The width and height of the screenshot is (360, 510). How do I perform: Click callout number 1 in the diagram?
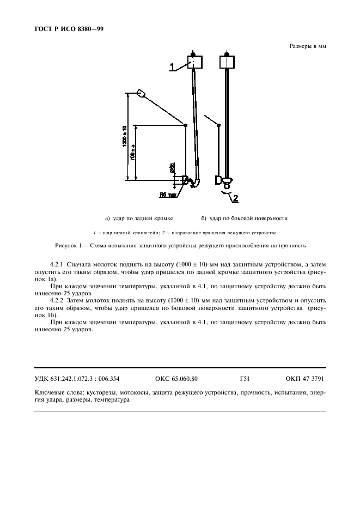tap(172, 67)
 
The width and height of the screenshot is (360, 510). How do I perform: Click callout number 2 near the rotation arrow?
tap(235, 198)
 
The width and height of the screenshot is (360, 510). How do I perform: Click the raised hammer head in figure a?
tap(141, 93)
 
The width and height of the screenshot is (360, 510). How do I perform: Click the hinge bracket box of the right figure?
tap(226, 62)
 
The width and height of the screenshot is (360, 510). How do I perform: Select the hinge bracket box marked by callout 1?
tap(194, 62)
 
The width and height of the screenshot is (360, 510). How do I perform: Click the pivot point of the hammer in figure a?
tap(186, 125)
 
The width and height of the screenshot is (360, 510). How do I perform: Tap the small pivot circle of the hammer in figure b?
tap(218, 125)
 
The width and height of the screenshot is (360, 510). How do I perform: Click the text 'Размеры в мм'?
tap(307, 46)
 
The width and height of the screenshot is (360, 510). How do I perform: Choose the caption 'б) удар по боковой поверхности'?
tap(244, 218)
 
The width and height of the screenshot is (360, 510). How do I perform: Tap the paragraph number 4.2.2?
tap(57, 300)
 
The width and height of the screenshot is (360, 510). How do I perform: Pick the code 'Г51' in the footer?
tap(245, 378)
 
